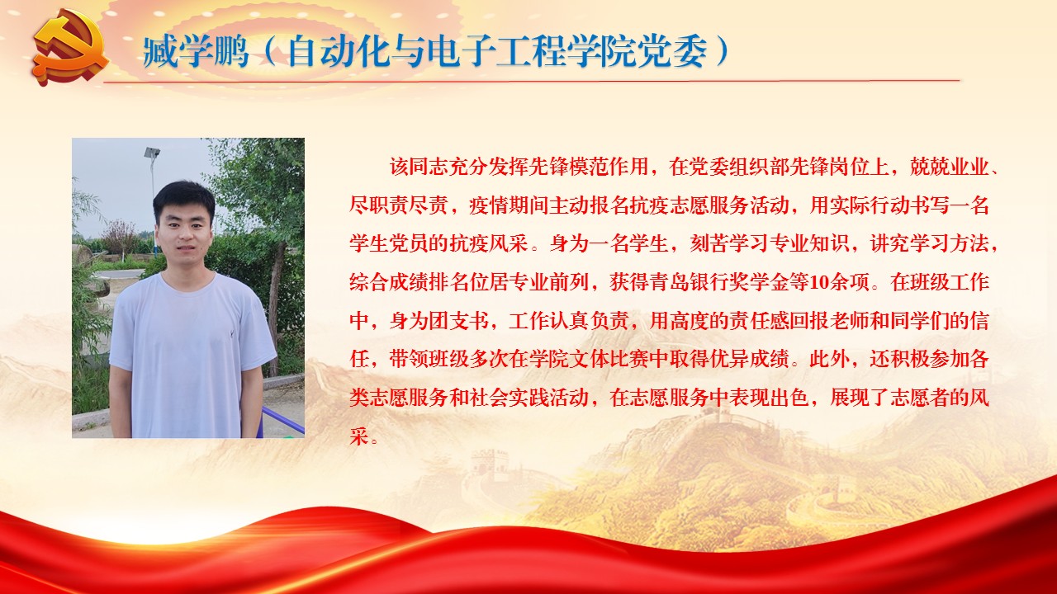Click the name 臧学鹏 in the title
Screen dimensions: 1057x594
click(x=196, y=51)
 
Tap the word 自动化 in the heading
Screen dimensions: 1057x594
click(x=339, y=51)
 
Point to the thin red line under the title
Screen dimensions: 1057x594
click(x=532, y=81)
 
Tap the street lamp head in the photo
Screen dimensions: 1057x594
click(x=152, y=153)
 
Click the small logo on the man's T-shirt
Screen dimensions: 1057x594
click(x=232, y=335)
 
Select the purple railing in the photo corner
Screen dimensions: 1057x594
click(x=282, y=421)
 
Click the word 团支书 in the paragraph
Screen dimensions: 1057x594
click(x=458, y=321)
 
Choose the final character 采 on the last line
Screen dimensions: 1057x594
click(x=359, y=436)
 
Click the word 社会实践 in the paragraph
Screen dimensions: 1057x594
click(x=509, y=398)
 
